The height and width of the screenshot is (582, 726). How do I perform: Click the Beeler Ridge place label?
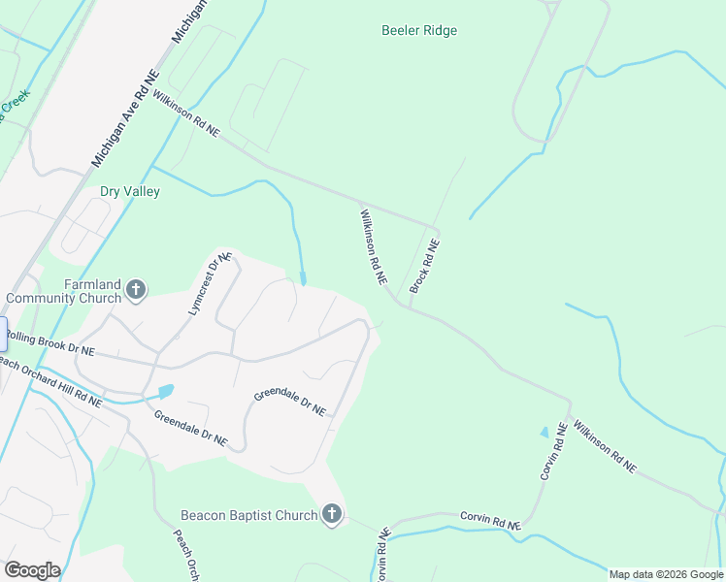(418, 30)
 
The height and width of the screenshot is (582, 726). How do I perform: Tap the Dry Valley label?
(130, 191)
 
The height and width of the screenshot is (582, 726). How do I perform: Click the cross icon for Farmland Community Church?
(136, 289)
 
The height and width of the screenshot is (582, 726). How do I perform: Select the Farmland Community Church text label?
(65, 291)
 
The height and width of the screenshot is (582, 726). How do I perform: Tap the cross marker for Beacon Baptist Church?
(332, 515)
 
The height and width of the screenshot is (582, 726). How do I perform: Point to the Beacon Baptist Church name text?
(249, 515)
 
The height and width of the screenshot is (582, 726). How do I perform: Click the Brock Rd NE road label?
(424, 267)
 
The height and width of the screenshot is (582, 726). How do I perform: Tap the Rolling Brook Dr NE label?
(50, 342)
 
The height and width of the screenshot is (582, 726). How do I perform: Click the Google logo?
(31, 569)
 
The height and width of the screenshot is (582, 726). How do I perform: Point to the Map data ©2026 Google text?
(665, 574)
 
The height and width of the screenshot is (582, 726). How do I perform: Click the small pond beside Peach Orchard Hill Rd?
(165, 391)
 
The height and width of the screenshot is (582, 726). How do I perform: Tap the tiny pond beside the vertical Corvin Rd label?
(544, 433)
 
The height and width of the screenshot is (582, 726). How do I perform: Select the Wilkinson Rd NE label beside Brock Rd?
(374, 246)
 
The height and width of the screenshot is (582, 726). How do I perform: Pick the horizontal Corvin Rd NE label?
(490, 521)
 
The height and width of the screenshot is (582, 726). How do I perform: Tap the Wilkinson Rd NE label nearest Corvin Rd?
(603, 446)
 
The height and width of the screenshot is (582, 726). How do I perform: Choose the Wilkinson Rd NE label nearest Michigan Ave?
(185, 113)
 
